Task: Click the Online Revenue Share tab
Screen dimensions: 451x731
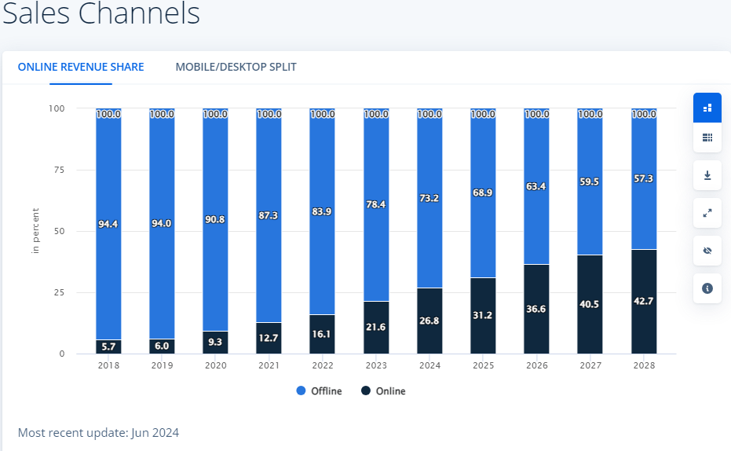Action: pos(81,67)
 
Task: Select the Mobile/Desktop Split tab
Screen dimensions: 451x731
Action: pos(236,67)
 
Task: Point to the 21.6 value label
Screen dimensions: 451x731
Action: pos(376,325)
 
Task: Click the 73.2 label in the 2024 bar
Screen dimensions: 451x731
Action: pos(429,198)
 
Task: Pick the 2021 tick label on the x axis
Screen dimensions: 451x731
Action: pos(269,365)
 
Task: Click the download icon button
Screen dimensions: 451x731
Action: pos(707,175)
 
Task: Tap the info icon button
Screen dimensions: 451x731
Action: pos(707,288)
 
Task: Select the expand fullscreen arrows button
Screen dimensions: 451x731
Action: pos(707,213)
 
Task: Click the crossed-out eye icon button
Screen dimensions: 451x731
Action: pos(707,251)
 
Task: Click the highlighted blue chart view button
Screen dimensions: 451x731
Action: pos(707,108)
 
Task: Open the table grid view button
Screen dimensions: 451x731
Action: pos(707,137)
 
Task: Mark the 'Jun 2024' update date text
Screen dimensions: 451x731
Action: pos(156,433)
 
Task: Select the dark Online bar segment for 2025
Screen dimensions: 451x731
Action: pos(483,316)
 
